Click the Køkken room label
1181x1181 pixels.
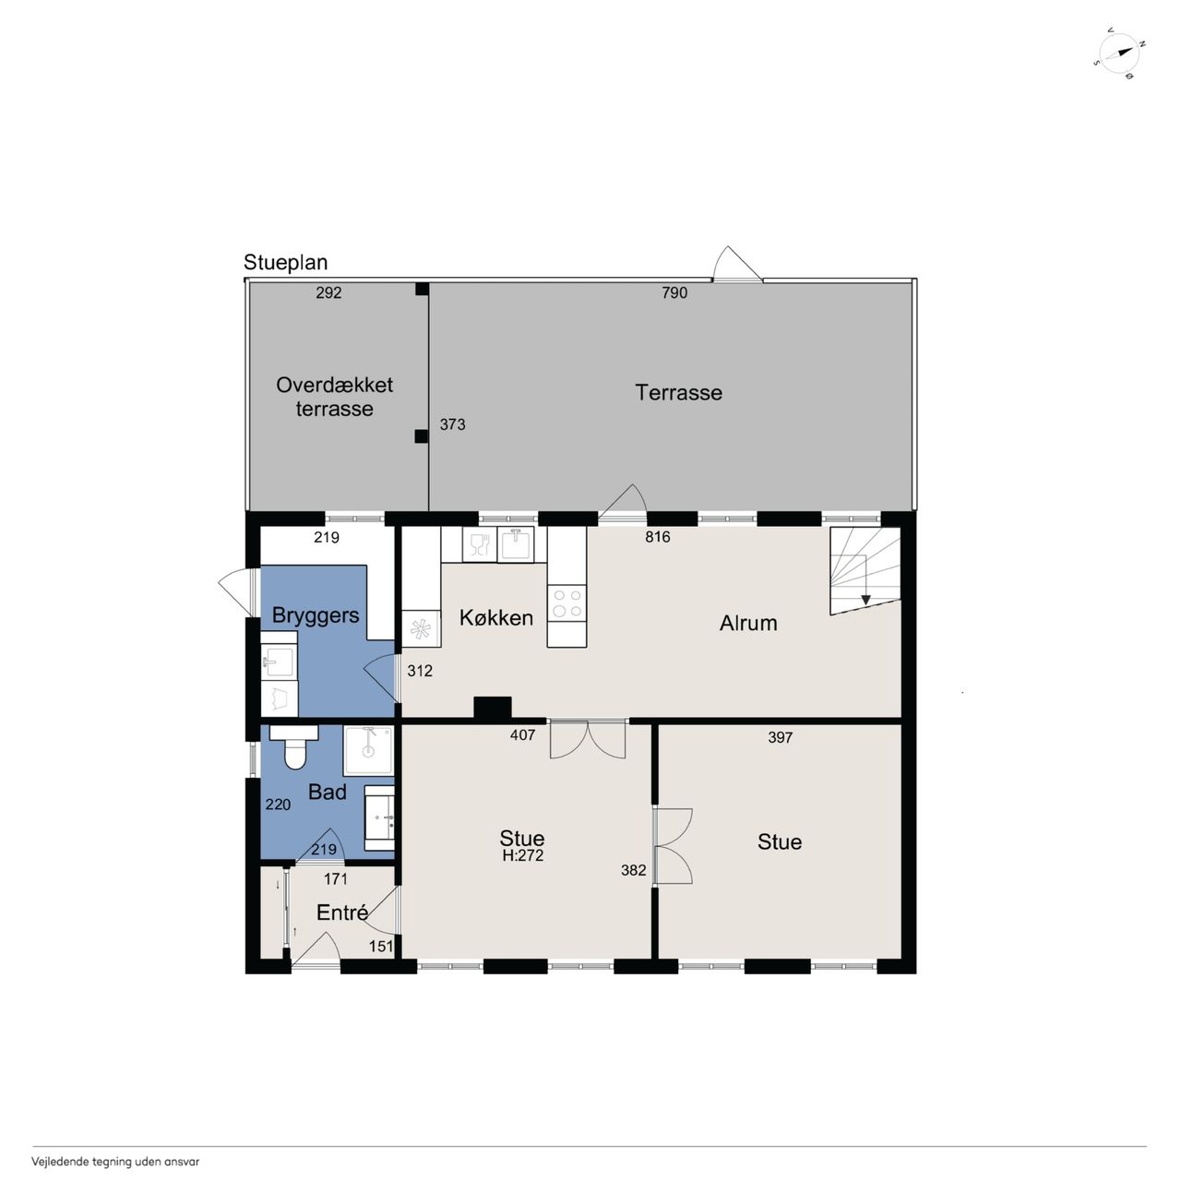(495, 618)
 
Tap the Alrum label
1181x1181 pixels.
(748, 624)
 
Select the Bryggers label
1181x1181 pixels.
(315, 615)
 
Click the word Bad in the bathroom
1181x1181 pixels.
(328, 793)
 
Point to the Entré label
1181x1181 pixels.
(342, 913)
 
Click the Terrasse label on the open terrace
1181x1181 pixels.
(678, 393)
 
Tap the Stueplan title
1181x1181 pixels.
(286, 263)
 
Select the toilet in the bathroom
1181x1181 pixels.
(294, 746)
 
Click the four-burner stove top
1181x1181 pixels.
(567, 603)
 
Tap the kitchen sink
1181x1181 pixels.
(516, 544)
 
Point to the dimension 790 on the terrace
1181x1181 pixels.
(674, 293)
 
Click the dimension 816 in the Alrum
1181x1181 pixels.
(658, 537)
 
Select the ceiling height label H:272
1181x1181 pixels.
(523, 855)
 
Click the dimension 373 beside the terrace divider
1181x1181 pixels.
(452, 424)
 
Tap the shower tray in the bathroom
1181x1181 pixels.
(368, 751)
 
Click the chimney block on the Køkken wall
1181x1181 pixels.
(493, 708)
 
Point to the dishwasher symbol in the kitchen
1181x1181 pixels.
(479, 544)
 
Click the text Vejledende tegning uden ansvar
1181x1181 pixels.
(115, 1162)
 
